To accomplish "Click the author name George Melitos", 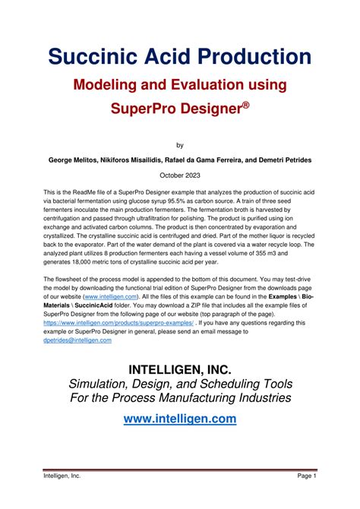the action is click(75, 160).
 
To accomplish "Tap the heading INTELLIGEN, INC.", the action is click(180, 370).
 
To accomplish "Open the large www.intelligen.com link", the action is click(180, 419).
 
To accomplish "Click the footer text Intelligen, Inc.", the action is click(62, 476).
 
